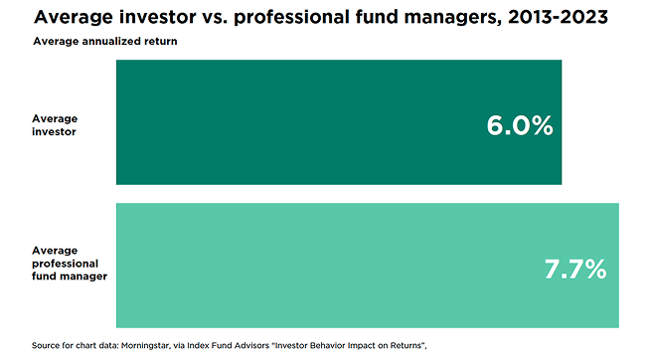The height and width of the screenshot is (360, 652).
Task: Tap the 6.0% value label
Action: [519, 125]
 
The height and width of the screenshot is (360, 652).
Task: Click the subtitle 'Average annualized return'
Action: [95, 41]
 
